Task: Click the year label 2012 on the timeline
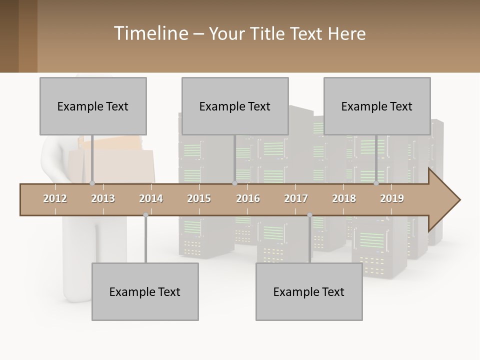pyautogui.click(x=55, y=198)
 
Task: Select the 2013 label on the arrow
pyautogui.click(x=103, y=198)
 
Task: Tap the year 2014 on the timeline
pyautogui.click(x=151, y=198)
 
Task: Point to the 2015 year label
pyautogui.click(x=199, y=198)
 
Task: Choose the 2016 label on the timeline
pyautogui.click(x=248, y=198)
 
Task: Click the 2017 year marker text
pyautogui.click(x=296, y=198)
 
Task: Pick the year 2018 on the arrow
pyautogui.click(x=344, y=198)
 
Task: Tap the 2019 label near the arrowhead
pyautogui.click(x=392, y=198)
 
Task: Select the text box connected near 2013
pyautogui.click(x=93, y=106)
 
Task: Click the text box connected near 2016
pyautogui.click(x=235, y=106)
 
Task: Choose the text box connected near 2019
pyautogui.click(x=377, y=106)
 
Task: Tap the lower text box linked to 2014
pyautogui.click(x=145, y=291)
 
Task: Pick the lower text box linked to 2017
pyautogui.click(x=309, y=291)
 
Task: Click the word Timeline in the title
pyautogui.click(x=150, y=33)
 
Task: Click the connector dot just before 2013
pyautogui.click(x=92, y=183)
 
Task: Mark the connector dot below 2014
pyautogui.click(x=145, y=215)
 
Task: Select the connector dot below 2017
pyautogui.click(x=309, y=215)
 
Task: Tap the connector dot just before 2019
pyautogui.click(x=376, y=183)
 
